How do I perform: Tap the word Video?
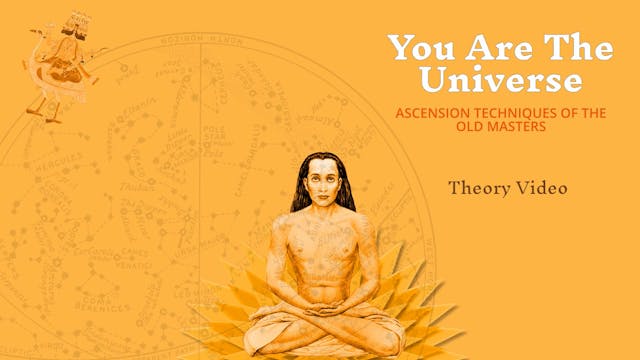tap(543, 187)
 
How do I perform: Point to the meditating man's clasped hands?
tap(321, 292)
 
